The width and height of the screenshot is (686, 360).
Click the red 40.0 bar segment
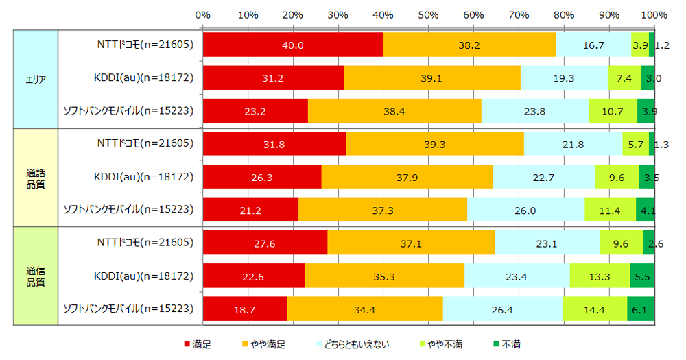tap(293, 45)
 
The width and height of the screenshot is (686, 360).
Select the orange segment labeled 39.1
tap(431, 77)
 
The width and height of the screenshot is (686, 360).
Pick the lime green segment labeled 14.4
tap(594, 309)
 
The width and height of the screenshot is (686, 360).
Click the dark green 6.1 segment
tap(641, 309)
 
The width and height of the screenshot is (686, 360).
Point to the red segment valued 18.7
tap(245, 309)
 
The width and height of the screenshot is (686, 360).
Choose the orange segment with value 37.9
tap(407, 176)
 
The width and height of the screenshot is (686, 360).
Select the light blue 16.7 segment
tap(593, 45)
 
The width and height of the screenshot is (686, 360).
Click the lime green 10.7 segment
tap(613, 110)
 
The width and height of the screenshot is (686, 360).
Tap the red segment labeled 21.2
tap(250, 209)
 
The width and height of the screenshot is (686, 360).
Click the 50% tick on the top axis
tap(428, 14)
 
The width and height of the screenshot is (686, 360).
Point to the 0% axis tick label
tap(202, 14)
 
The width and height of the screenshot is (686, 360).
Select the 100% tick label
tap(654, 14)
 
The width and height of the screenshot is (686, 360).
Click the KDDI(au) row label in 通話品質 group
tap(143, 176)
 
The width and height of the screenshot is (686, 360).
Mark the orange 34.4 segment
tap(364, 309)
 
